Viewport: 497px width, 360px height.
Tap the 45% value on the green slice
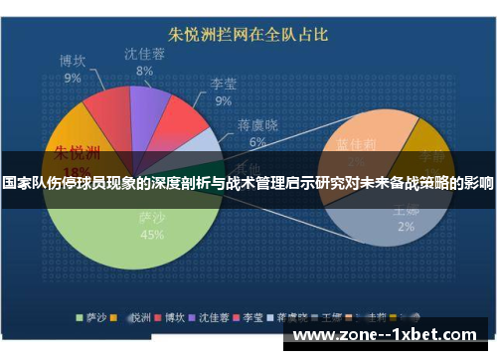tap(152, 236)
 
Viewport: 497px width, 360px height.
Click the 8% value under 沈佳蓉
tap(144, 72)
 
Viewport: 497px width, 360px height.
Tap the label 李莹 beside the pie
tap(223, 85)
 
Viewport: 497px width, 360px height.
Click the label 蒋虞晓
tap(257, 126)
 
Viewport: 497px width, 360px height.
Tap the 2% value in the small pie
tap(405, 227)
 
